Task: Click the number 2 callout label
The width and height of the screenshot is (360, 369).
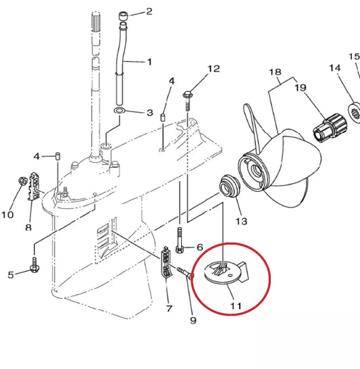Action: click(x=149, y=11)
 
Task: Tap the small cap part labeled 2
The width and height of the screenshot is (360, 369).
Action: click(x=123, y=16)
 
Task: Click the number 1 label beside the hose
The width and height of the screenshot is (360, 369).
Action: click(x=149, y=62)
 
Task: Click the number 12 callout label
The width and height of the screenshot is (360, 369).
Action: click(x=213, y=69)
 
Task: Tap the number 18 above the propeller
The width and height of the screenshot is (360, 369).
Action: click(x=274, y=71)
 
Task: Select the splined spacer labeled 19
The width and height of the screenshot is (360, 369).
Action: click(x=328, y=126)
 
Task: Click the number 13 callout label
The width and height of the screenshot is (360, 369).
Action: click(x=240, y=222)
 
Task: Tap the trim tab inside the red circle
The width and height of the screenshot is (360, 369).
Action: click(x=226, y=273)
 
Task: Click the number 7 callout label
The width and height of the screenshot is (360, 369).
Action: click(x=169, y=309)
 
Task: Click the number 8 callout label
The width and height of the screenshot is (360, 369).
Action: click(x=28, y=227)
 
